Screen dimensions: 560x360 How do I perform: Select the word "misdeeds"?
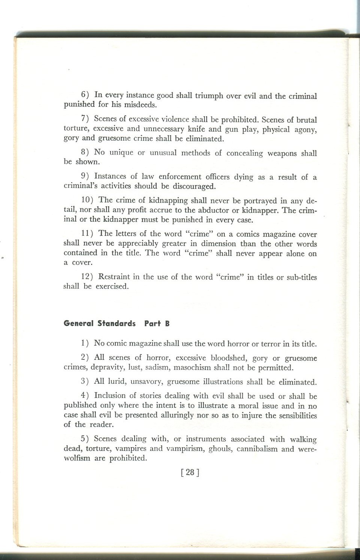point(140,105)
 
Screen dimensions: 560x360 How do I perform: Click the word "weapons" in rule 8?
point(282,153)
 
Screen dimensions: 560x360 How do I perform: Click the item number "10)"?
point(88,201)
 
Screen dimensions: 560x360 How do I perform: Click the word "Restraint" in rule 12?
point(114,277)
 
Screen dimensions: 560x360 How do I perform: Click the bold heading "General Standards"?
point(100,323)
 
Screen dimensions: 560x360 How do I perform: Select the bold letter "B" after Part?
point(167,323)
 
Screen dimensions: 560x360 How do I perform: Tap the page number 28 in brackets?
point(190,472)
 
